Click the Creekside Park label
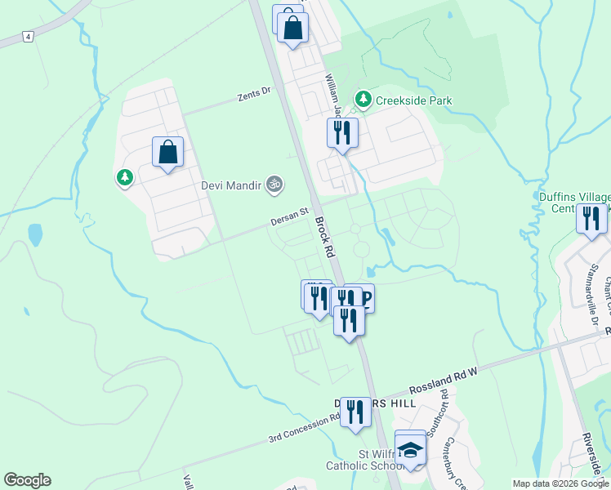(413, 100)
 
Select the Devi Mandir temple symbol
(274, 185)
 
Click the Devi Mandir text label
(232, 185)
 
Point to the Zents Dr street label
(254, 95)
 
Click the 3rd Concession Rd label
(304, 429)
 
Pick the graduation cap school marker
(410, 448)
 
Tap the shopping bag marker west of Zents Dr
(167, 152)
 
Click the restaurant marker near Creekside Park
(342, 132)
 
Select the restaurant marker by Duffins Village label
(591, 219)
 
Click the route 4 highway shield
(28, 37)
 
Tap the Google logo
(27, 480)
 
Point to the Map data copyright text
(560, 483)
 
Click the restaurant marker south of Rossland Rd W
(355, 412)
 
